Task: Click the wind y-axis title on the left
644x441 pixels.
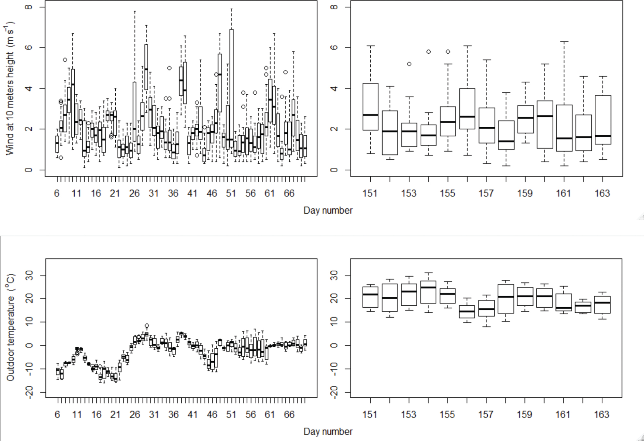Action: tap(10, 88)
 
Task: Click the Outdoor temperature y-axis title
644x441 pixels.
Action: tap(10, 327)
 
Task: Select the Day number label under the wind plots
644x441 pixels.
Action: tap(328, 210)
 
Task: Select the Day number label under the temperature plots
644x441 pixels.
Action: tap(328, 432)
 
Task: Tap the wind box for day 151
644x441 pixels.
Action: tap(370, 107)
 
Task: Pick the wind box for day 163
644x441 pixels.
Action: tap(603, 120)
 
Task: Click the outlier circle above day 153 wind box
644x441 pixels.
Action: tap(409, 64)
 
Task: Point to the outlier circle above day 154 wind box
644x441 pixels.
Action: tap(428, 52)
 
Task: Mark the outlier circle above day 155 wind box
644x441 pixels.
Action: tap(448, 52)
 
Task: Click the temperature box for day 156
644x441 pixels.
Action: tap(467, 311)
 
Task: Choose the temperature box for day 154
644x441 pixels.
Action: tap(428, 292)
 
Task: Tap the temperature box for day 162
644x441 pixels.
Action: tap(583, 307)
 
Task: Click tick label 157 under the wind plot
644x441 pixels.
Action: tap(486, 193)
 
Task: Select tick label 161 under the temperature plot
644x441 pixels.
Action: tap(563, 415)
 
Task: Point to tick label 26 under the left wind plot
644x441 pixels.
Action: tap(134, 193)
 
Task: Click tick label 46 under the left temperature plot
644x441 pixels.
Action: tap(212, 415)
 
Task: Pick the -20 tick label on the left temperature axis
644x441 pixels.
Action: tap(29, 392)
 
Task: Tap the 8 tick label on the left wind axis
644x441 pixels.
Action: tap(29, 7)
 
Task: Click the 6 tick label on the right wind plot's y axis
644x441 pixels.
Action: tap(334, 47)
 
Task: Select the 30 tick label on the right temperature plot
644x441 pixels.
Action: tap(334, 276)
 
